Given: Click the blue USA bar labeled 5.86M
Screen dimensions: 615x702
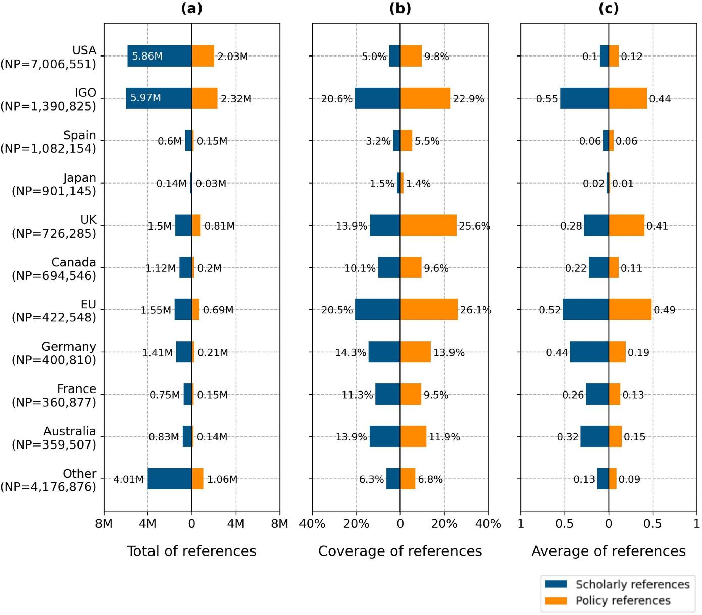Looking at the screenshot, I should [159, 56].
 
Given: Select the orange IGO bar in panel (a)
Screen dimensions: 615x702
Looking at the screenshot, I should [205, 98].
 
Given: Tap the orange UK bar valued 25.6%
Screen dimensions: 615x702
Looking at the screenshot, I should [428, 226].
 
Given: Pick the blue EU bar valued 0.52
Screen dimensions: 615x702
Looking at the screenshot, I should [585, 310].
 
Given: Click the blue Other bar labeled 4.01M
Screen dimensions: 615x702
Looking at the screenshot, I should [169, 479].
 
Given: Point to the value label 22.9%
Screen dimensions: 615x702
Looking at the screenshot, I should [468, 99].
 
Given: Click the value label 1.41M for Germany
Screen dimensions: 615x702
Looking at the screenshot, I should [157, 353].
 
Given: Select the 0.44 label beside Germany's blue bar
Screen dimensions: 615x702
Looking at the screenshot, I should [557, 353].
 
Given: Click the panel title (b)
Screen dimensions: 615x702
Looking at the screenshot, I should [400, 9].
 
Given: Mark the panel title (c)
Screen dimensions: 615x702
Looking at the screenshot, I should [608, 9].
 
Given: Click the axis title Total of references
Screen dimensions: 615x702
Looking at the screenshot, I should [191, 551].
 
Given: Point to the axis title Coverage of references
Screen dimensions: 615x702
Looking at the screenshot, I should [400, 551].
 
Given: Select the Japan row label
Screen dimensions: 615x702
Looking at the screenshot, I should [54, 184].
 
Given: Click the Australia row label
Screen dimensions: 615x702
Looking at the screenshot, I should [54, 437].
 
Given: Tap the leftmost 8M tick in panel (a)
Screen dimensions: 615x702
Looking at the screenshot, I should [104, 524].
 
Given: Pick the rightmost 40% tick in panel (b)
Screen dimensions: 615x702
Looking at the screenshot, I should [488, 524].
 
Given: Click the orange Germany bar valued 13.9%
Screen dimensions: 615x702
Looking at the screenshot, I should [416, 352].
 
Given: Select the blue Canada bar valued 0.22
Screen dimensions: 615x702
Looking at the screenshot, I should [598, 268].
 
